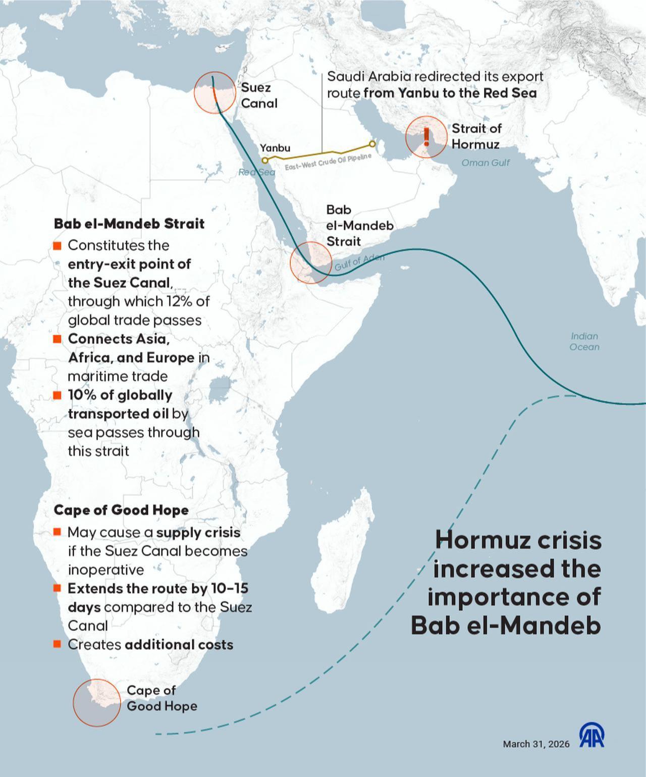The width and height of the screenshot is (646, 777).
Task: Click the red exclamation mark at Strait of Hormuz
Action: coord(426,136)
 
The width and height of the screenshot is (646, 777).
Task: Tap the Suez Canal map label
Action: coord(259,95)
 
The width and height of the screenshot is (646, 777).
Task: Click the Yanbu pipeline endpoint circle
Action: coord(265,160)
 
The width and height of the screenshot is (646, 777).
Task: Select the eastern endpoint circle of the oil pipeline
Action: coord(372,144)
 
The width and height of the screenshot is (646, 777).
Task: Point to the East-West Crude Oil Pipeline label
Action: coord(328,162)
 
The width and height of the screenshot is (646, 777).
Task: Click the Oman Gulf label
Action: coord(486,163)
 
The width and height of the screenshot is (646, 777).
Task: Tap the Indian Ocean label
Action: coord(584,341)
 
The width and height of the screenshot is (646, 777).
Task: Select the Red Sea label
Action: coord(257,172)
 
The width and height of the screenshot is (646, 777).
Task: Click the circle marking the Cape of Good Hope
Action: coord(97,703)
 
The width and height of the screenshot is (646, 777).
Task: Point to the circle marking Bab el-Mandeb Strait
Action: coord(311,263)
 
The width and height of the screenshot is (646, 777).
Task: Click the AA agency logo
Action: coord(591,735)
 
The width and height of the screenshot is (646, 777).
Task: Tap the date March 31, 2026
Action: coord(536,744)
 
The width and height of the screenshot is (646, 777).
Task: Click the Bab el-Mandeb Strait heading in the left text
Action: coord(129,224)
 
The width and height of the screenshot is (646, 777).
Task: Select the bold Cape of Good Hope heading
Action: coord(121,510)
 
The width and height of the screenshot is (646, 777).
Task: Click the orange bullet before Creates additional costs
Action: coord(57,644)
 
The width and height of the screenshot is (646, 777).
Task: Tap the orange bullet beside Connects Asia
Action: coord(57,339)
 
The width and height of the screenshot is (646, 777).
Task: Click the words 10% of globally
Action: coord(120,395)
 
